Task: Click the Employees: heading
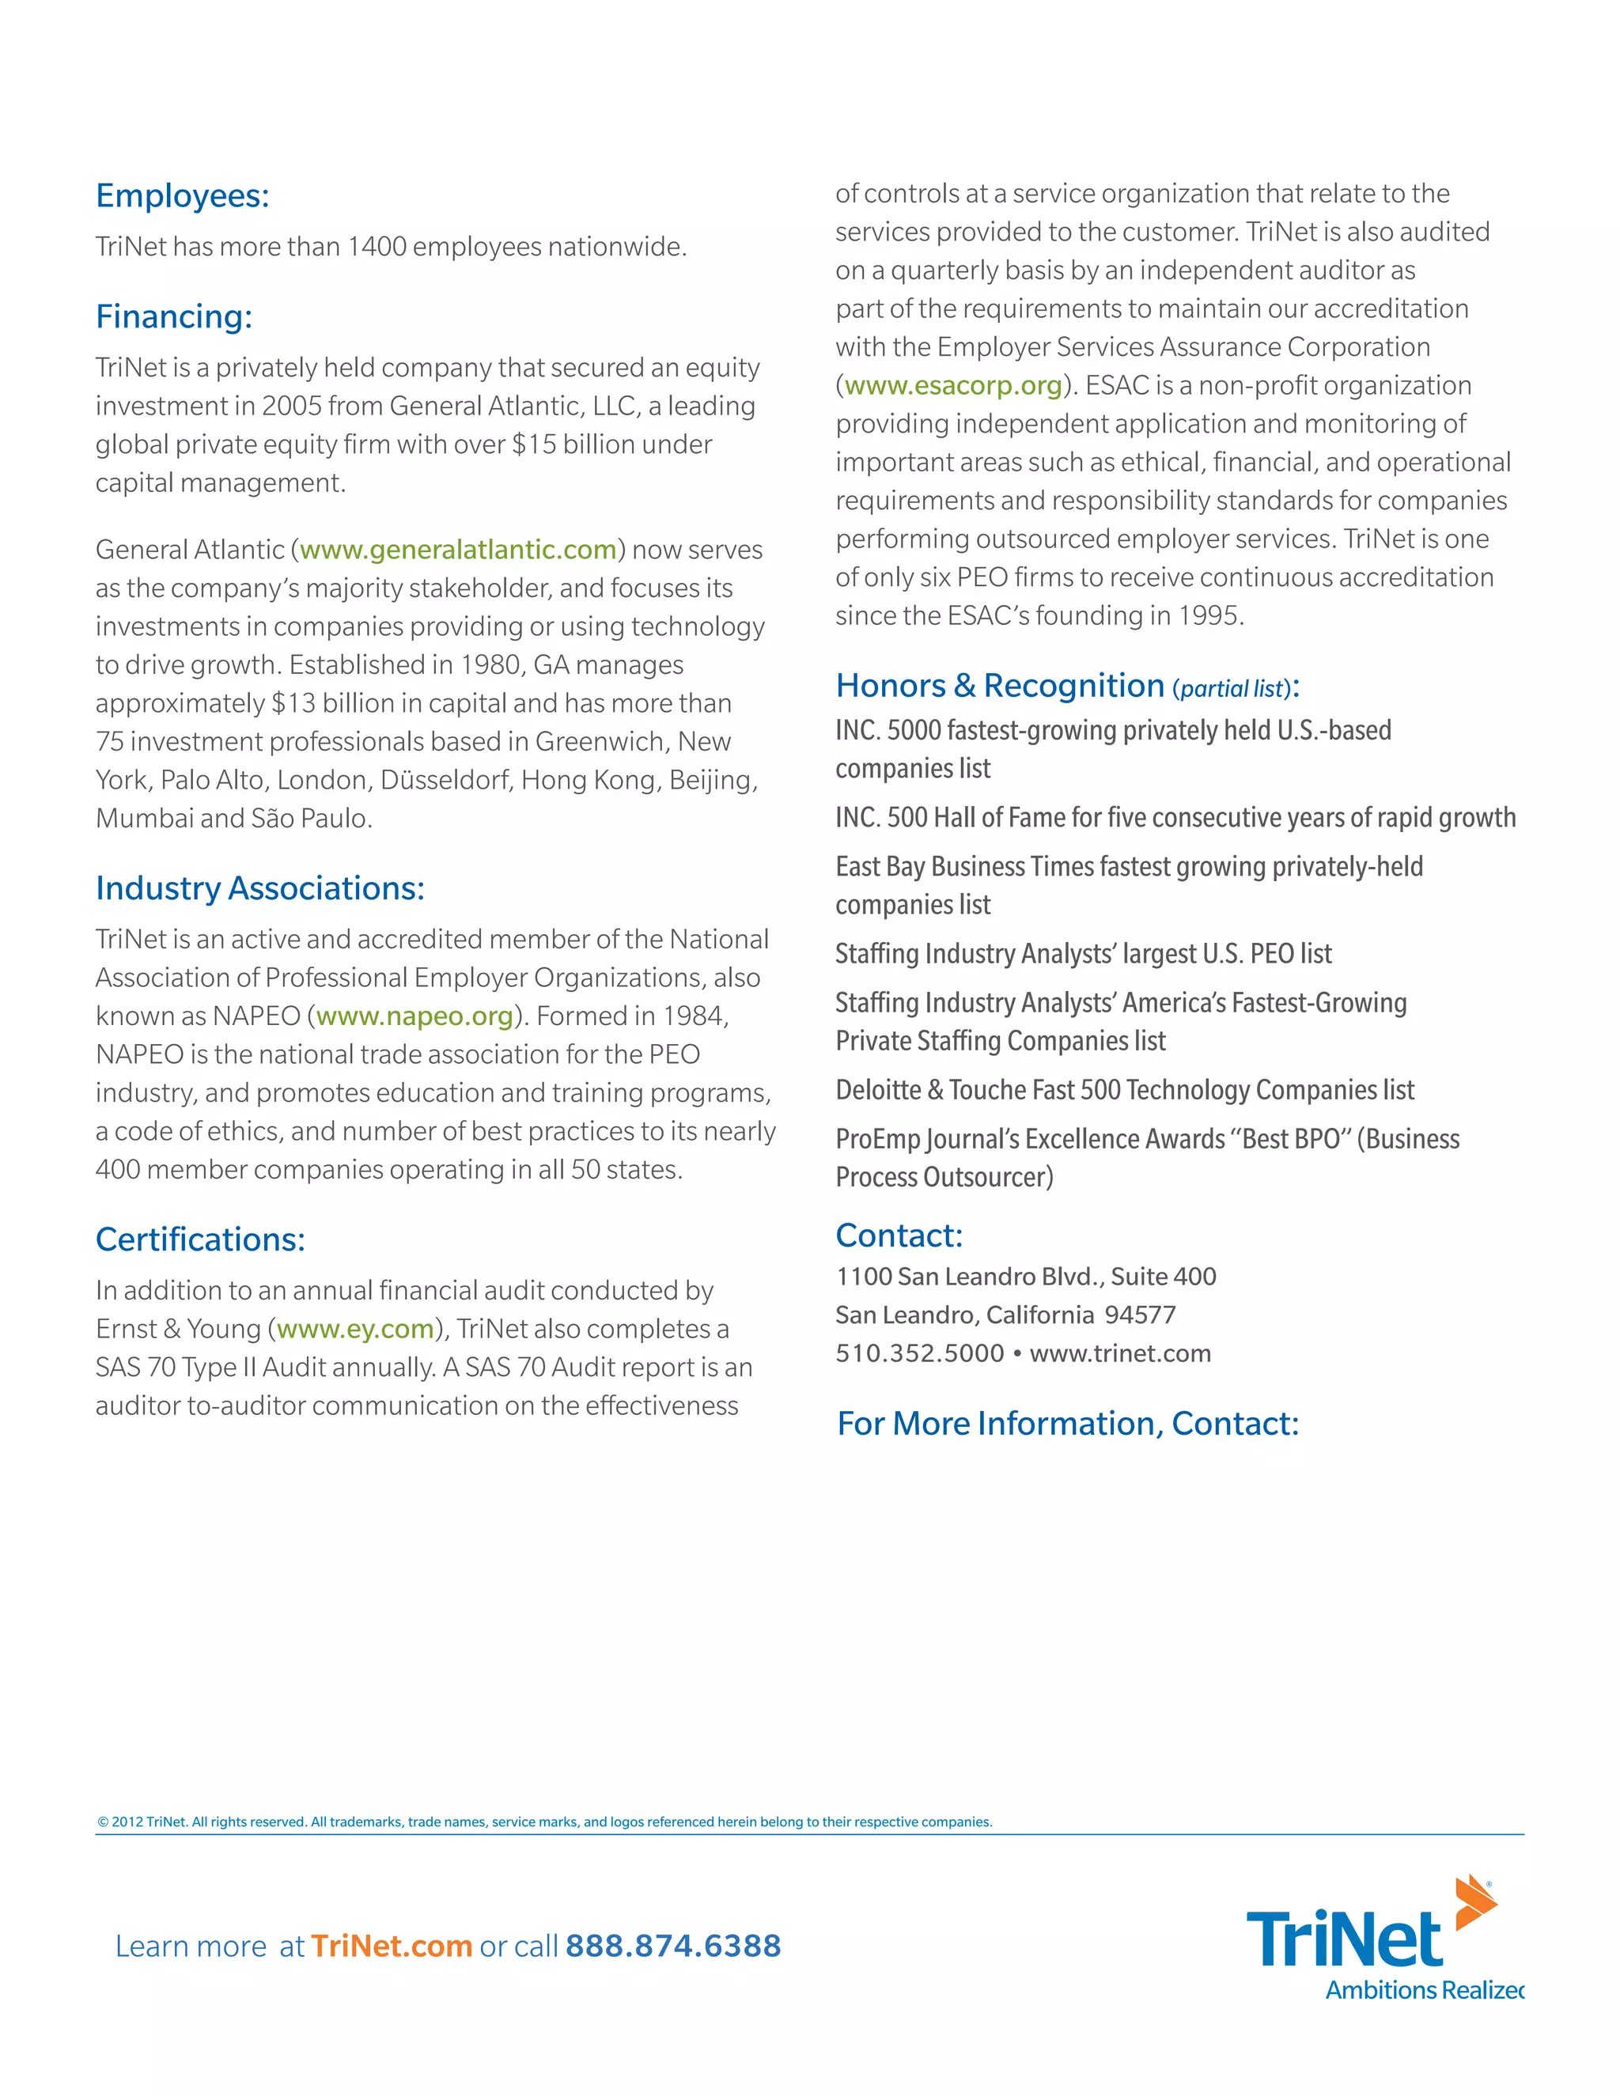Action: pyautogui.click(x=183, y=196)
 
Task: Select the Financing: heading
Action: pyautogui.click(x=174, y=316)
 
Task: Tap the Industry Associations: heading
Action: pyautogui.click(x=259, y=889)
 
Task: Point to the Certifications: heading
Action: pyautogui.click(x=199, y=1240)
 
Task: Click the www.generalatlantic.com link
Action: pyautogui.click(x=458, y=550)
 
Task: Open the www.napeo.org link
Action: pyautogui.click(x=414, y=1016)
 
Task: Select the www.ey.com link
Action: pyautogui.click(x=355, y=1330)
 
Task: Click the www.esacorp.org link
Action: pyautogui.click(x=953, y=386)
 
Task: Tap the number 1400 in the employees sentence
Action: pyautogui.click(x=377, y=248)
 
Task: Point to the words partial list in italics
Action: pyautogui.click(x=1232, y=689)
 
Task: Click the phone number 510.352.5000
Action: pyautogui.click(x=919, y=1354)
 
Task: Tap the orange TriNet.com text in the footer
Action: pyautogui.click(x=392, y=1947)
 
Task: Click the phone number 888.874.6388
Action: pyautogui.click(x=673, y=1947)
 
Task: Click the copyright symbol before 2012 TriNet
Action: pyautogui.click(x=103, y=1822)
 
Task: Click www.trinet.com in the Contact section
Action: pyautogui.click(x=1120, y=1354)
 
